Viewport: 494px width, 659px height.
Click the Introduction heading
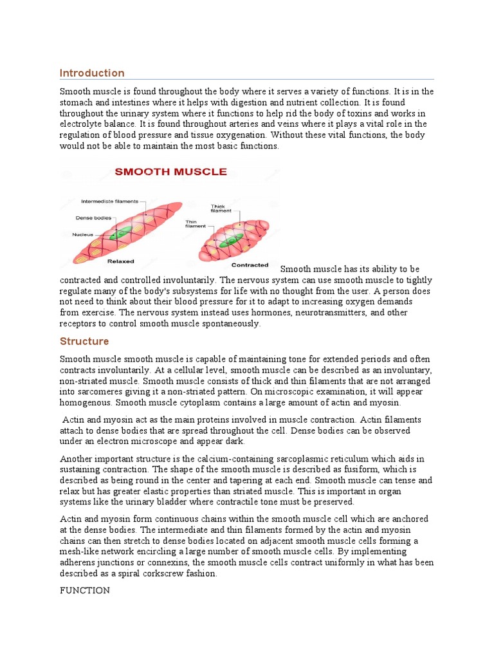pyautogui.click(x=92, y=73)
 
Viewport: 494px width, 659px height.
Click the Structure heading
pyautogui.click(x=84, y=341)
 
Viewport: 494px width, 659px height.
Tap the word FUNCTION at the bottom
pyautogui.click(x=85, y=590)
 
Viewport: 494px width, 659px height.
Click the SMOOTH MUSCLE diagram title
pyautogui.click(x=170, y=172)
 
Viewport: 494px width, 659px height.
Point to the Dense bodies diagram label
pyautogui.click(x=93, y=218)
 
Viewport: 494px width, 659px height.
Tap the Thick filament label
pyautogui.click(x=218, y=209)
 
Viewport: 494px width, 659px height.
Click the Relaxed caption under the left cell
pyautogui.click(x=120, y=261)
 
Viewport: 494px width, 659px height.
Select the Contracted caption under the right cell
pyautogui.click(x=250, y=265)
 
